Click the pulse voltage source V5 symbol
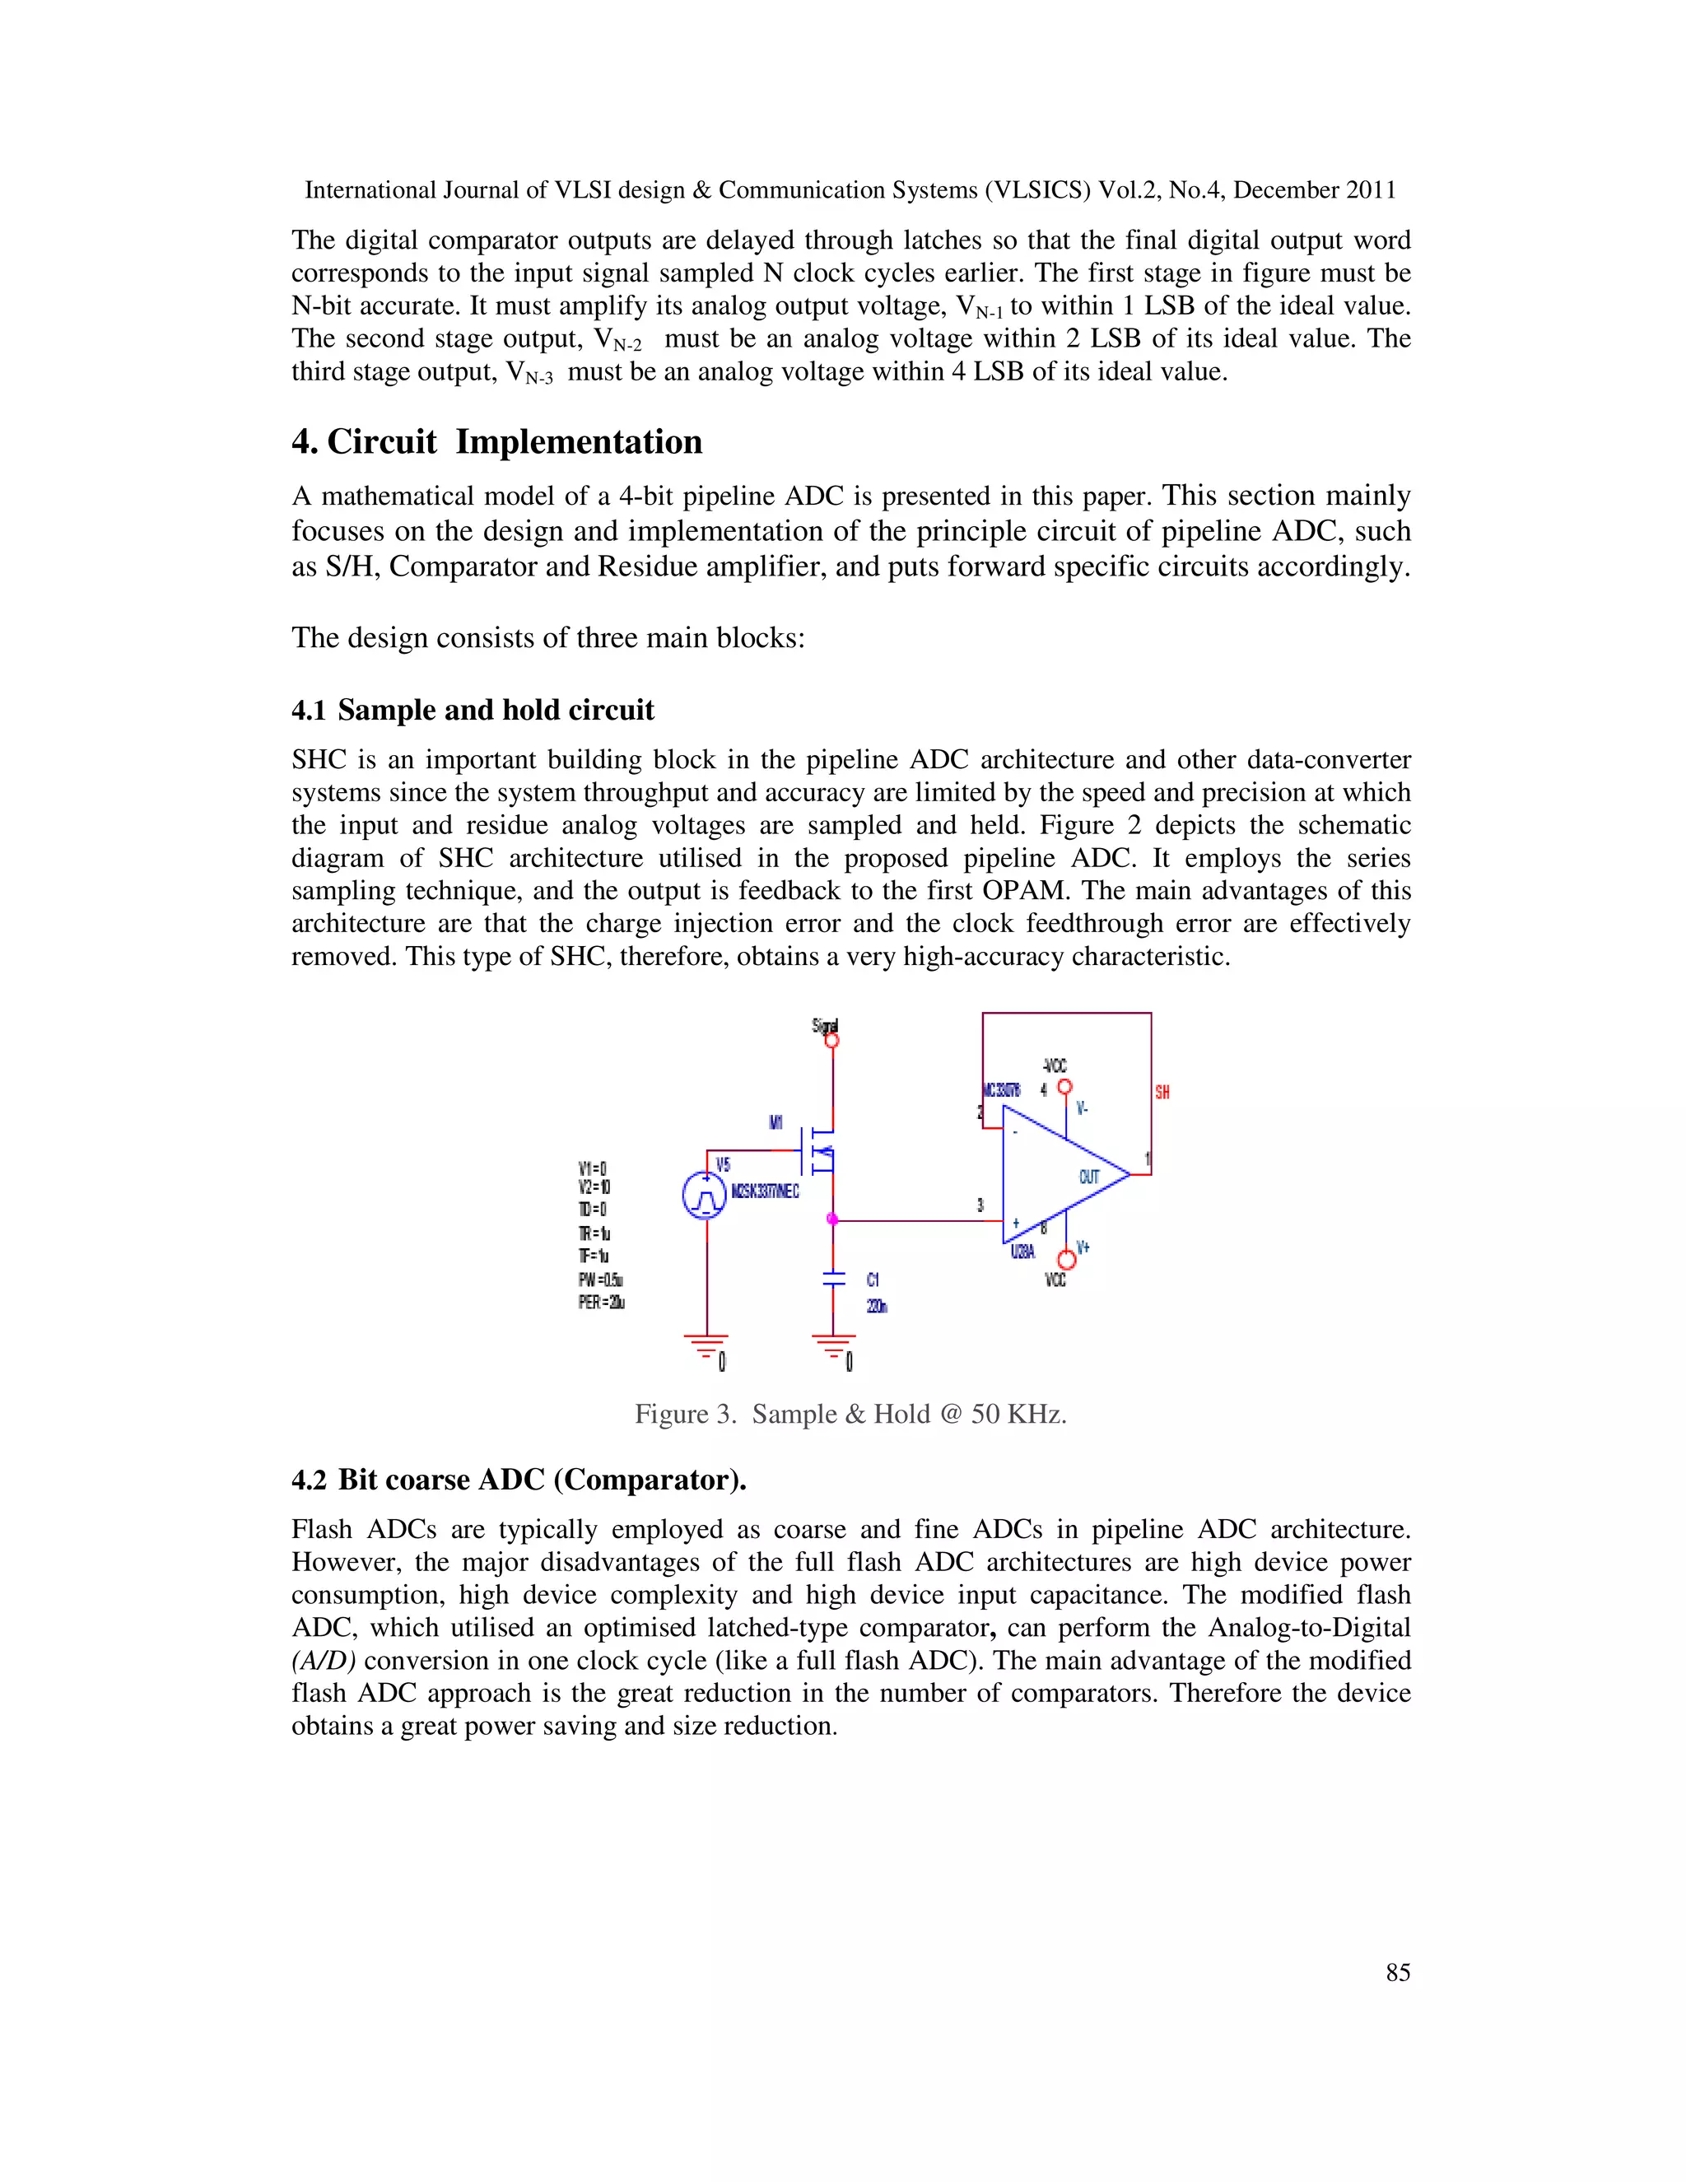click(x=704, y=1196)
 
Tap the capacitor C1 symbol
click(x=833, y=1279)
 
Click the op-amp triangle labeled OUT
click(x=1060, y=1176)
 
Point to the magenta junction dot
click(x=832, y=1219)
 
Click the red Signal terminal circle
click(x=832, y=1041)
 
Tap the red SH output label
click(x=1162, y=1093)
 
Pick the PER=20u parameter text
click(x=601, y=1302)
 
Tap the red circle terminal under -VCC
click(x=1064, y=1087)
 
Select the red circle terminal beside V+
click(x=1066, y=1261)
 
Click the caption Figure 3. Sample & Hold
click(x=850, y=1415)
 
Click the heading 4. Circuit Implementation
click(x=496, y=441)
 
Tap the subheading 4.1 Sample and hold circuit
click(x=473, y=711)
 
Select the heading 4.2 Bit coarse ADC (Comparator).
click(x=519, y=1480)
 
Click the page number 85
click(x=1397, y=1972)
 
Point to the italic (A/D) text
click(x=324, y=1661)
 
